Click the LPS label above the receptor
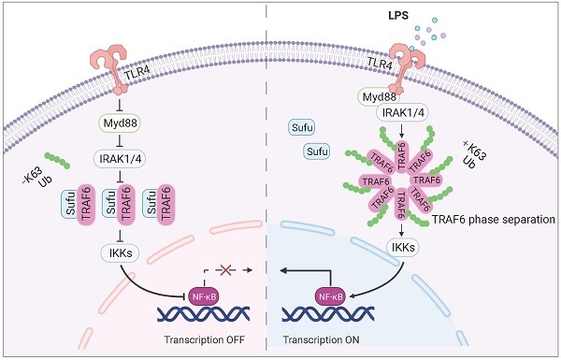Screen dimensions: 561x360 (x=398, y=16)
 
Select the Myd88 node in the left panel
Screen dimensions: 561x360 (x=120, y=123)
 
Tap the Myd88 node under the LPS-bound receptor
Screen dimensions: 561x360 (x=380, y=97)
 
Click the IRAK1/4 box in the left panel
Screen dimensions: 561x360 (x=120, y=159)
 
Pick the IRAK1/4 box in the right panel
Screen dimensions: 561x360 (x=402, y=113)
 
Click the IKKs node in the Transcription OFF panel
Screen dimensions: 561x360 (x=120, y=253)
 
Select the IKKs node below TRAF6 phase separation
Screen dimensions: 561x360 (x=403, y=247)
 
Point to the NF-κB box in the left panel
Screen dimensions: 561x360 (x=204, y=296)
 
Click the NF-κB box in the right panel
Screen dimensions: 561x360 (x=330, y=296)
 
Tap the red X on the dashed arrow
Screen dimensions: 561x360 (x=225, y=270)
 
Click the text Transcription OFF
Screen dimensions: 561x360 (x=204, y=339)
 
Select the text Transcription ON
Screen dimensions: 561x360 (x=321, y=339)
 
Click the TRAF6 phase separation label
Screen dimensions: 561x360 (x=494, y=220)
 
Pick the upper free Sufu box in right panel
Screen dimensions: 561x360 (x=302, y=128)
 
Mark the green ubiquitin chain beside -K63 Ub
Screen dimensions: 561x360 (x=57, y=160)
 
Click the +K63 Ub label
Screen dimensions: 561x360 (x=472, y=154)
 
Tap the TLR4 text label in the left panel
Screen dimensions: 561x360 (x=137, y=70)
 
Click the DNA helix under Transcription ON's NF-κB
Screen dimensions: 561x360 (x=328, y=314)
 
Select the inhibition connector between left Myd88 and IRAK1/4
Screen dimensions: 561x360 (x=120, y=140)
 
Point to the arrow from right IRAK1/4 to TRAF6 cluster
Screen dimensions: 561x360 (x=401, y=131)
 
